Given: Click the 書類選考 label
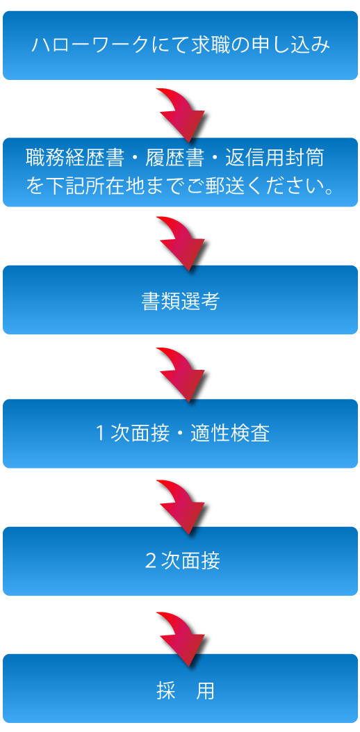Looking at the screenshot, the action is pos(180,302).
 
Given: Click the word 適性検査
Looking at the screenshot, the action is pos(230,434).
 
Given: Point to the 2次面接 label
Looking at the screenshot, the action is pos(183,561).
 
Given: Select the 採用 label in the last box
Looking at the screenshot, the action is pos(186,691).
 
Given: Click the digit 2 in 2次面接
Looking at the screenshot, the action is pos(150,561).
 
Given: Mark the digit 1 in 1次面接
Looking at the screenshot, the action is pos(100,434).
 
